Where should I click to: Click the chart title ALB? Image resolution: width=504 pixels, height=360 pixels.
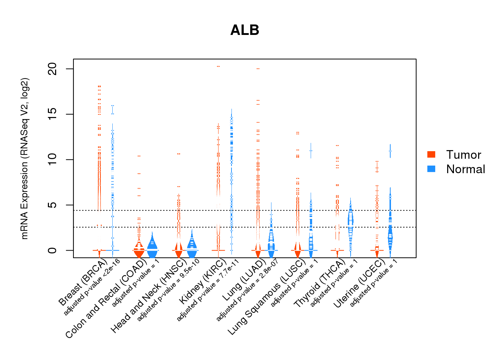click(x=245, y=30)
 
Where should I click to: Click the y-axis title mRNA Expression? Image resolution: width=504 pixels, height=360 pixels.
click(x=24, y=158)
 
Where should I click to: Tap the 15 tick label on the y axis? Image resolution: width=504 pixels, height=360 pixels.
click(x=53, y=114)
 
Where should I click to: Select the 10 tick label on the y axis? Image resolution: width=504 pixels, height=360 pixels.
click(x=53, y=159)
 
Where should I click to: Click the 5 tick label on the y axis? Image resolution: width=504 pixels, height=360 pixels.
click(x=53, y=205)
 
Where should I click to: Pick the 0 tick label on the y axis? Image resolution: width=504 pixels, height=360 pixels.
click(x=53, y=250)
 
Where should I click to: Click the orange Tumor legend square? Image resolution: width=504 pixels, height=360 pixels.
click(x=431, y=154)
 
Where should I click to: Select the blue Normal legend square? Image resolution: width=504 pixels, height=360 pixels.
click(x=431, y=169)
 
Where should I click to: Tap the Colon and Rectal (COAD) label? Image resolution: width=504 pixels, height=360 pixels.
click(x=105, y=298)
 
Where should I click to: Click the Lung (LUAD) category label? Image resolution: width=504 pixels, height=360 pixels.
click(x=244, y=280)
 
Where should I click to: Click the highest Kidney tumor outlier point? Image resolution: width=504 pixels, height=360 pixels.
click(x=218, y=67)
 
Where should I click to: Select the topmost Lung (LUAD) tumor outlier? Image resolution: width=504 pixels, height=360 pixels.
click(x=258, y=68)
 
